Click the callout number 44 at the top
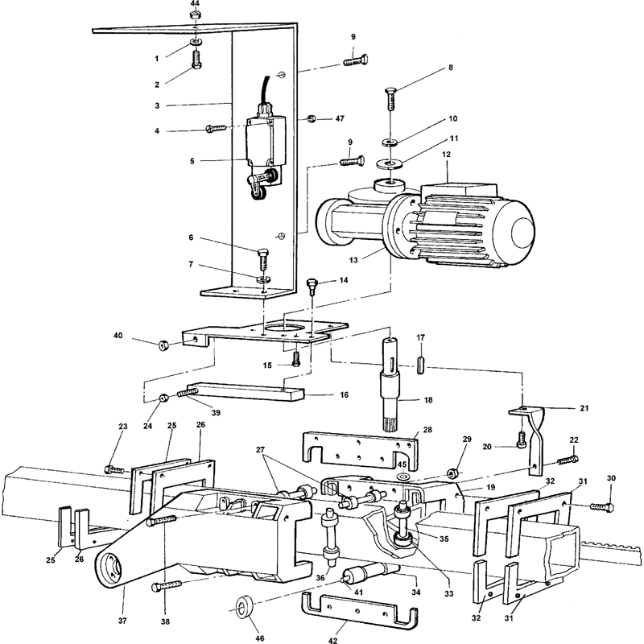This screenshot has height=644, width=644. coord(195,3)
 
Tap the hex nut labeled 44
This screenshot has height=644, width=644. coord(195,15)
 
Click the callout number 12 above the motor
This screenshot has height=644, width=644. coord(447,155)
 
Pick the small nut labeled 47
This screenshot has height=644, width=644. coord(312,119)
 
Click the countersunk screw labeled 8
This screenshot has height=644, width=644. coord(391,98)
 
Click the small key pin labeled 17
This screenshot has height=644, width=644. coord(420,365)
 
